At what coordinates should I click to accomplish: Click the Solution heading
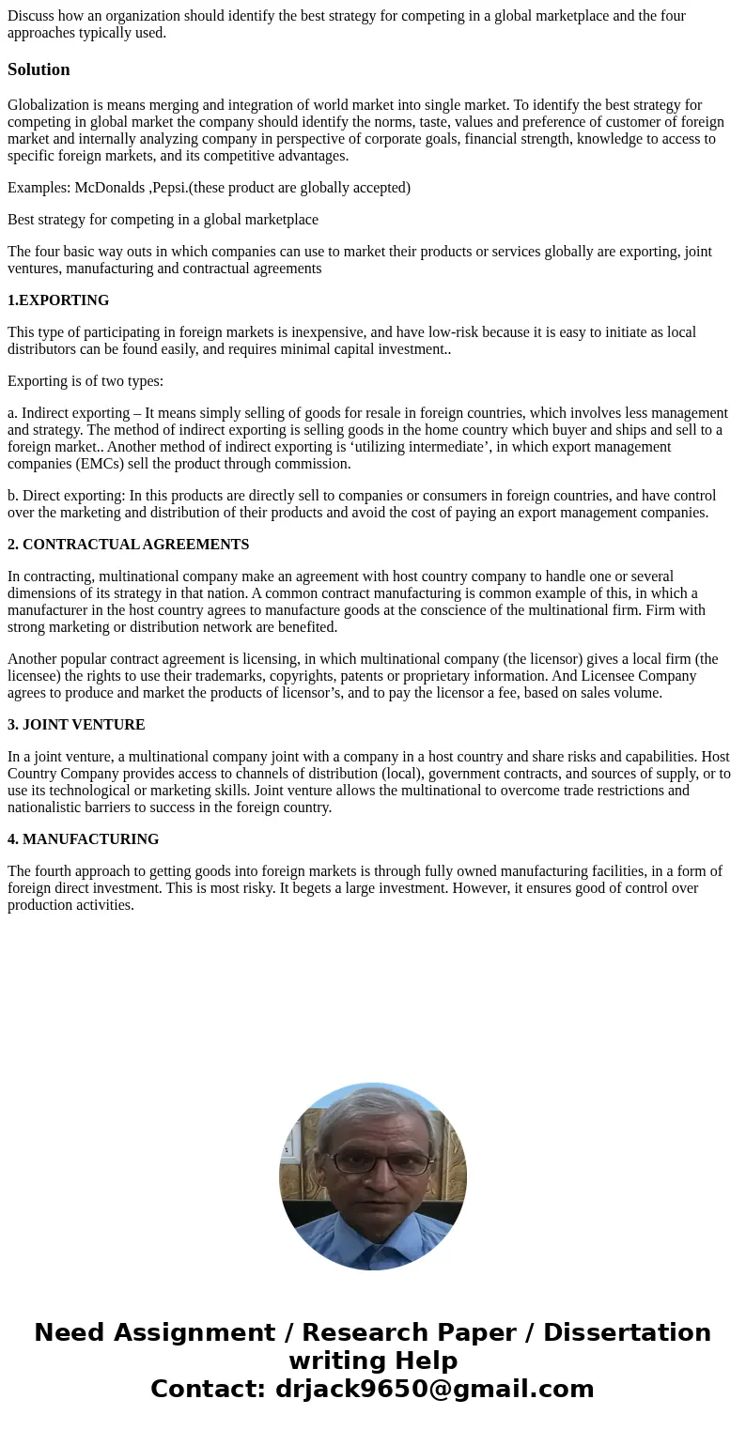coord(39,69)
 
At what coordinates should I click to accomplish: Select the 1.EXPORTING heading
coord(58,300)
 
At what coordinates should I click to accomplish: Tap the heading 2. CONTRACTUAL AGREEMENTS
coord(128,545)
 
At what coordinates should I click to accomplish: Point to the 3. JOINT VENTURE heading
coord(76,725)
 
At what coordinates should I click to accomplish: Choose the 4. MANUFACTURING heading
coord(83,839)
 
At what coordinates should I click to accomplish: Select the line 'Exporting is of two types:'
coord(85,381)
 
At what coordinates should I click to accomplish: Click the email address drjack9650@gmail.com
coord(434,1389)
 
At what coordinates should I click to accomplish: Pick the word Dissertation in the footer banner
coord(627,1332)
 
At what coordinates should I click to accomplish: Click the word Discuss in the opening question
coord(31,16)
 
